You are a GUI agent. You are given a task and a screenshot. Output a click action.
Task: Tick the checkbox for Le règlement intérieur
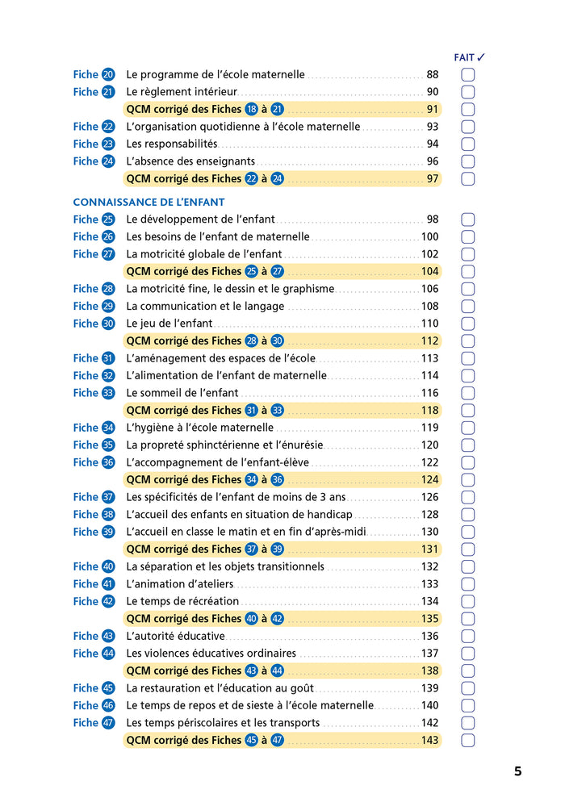click(x=467, y=92)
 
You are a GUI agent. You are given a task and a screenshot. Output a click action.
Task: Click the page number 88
click(x=432, y=74)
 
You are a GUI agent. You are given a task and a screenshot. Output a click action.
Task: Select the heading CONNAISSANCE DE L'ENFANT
click(x=149, y=202)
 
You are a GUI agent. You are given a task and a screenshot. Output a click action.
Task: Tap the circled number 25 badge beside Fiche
click(x=108, y=219)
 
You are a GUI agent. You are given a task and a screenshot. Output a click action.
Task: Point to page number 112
click(x=429, y=341)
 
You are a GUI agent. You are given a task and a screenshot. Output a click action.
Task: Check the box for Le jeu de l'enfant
click(x=467, y=324)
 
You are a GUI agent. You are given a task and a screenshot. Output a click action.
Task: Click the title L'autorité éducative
click(x=175, y=636)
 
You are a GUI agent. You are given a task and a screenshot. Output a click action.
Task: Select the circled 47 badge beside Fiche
click(x=108, y=723)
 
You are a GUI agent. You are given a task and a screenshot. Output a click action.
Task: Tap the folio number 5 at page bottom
click(x=517, y=771)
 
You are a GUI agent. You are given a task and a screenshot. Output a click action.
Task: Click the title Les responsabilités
click(x=172, y=144)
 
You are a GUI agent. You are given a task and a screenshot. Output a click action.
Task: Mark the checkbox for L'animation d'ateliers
click(x=467, y=584)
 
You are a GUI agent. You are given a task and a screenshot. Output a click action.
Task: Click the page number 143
click(x=429, y=741)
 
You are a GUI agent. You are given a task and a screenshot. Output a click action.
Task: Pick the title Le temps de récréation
click(x=182, y=601)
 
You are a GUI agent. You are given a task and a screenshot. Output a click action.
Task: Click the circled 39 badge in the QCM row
click(x=277, y=549)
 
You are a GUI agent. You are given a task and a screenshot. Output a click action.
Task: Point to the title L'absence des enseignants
click(x=190, y=161)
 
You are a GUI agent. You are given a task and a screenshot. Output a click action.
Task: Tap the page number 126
click(x=429, y=497)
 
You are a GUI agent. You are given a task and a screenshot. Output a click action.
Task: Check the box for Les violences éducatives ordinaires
click(x=467, y=654)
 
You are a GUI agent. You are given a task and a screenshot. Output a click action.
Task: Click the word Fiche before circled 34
click(x=86, y=428)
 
